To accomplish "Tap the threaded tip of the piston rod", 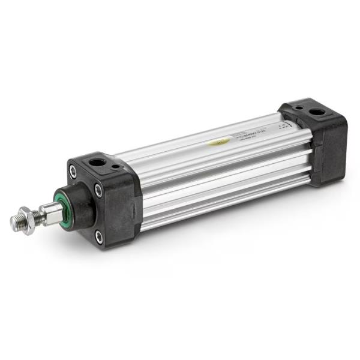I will coord(16,223).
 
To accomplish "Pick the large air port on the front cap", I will coord(96,163).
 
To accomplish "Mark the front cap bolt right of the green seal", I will coord(98,190).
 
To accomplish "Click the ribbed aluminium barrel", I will coord(216,174).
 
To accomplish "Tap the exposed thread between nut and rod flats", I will coord(36,217).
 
